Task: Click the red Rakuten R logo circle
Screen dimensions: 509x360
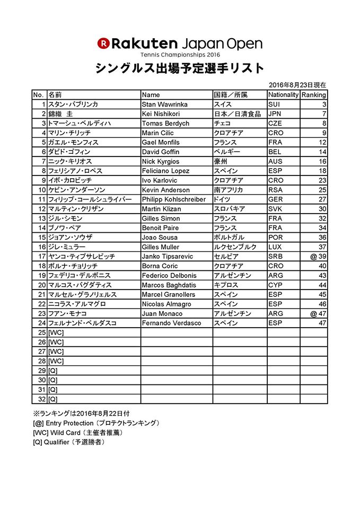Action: (103, 42)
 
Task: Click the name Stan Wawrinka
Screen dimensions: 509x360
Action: (164, 104)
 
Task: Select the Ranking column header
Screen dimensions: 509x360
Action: (314, 95)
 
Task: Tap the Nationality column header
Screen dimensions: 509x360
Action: (283, 95)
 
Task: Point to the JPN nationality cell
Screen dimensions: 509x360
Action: (275, 114)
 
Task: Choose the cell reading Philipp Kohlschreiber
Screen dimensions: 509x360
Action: (173, 200)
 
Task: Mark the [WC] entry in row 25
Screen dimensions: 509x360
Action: (56, 332)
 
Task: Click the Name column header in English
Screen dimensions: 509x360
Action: (151, 95)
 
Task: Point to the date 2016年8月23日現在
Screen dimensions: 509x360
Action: (297, 85)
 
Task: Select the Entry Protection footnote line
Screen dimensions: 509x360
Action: (95, 423)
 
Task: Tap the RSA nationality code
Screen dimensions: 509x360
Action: (276, 190)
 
